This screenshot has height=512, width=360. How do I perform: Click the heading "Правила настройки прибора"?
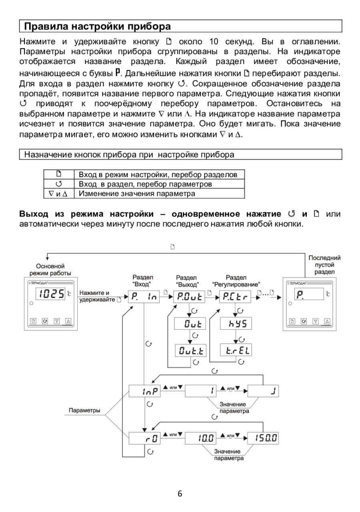pyautogui.click(x=98, y=26)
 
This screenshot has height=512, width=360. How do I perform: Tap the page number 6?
pyautogui.click(x=180, y=494)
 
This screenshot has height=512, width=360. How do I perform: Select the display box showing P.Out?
pyautogui.click(x=190, y=296)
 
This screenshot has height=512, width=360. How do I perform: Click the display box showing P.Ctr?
pyautogui.click(x=236, y=296)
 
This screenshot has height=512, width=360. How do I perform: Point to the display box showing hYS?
pyautogui.click(x=236, y=324)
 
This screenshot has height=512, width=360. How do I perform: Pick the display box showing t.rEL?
pyautogui.click(x=236, y=351)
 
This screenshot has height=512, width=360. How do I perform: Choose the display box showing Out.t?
pyautogui.click(x=190, y=351)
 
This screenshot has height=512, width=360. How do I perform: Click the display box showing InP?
pyautogui.click(x=144, y=391)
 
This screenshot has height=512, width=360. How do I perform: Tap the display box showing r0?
pyautogui.click(x=144, y=438)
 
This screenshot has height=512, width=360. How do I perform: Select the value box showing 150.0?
pyautogui.click(x=263, y=438)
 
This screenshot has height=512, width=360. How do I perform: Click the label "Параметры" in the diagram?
pyautogui.click(x=84, y=410)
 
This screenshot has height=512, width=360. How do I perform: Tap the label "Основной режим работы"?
pyautogui.click(x=50, y=270)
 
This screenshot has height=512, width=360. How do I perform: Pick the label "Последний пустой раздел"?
pyautogui.click(x=324, y=265)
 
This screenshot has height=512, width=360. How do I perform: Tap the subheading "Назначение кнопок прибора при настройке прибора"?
pyautogui.click(x=129, y=154)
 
